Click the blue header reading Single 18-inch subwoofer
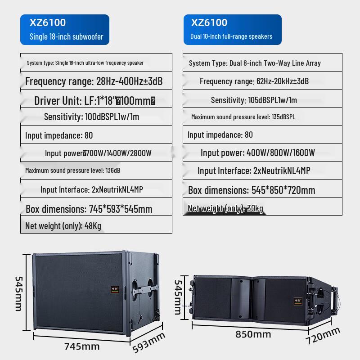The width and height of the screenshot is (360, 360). [64, 30]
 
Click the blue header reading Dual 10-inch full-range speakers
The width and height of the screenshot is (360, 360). [232, 30]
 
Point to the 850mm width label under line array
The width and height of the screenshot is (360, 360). [254, 334]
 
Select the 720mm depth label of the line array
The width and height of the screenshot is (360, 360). [323, 336]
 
